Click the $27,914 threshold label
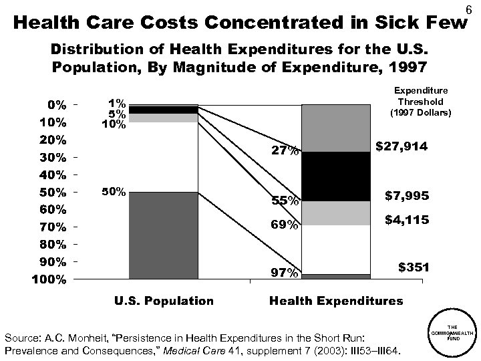402,145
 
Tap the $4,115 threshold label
406,220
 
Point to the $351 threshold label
414,267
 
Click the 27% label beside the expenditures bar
285,151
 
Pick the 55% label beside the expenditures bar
285,201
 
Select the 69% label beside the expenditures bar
285,225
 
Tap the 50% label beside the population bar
113,192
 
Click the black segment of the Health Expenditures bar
336,176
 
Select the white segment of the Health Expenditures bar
336,249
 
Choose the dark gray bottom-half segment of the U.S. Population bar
164,235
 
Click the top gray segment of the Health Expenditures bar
336,128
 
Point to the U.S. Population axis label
164,301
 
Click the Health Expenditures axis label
336,301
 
